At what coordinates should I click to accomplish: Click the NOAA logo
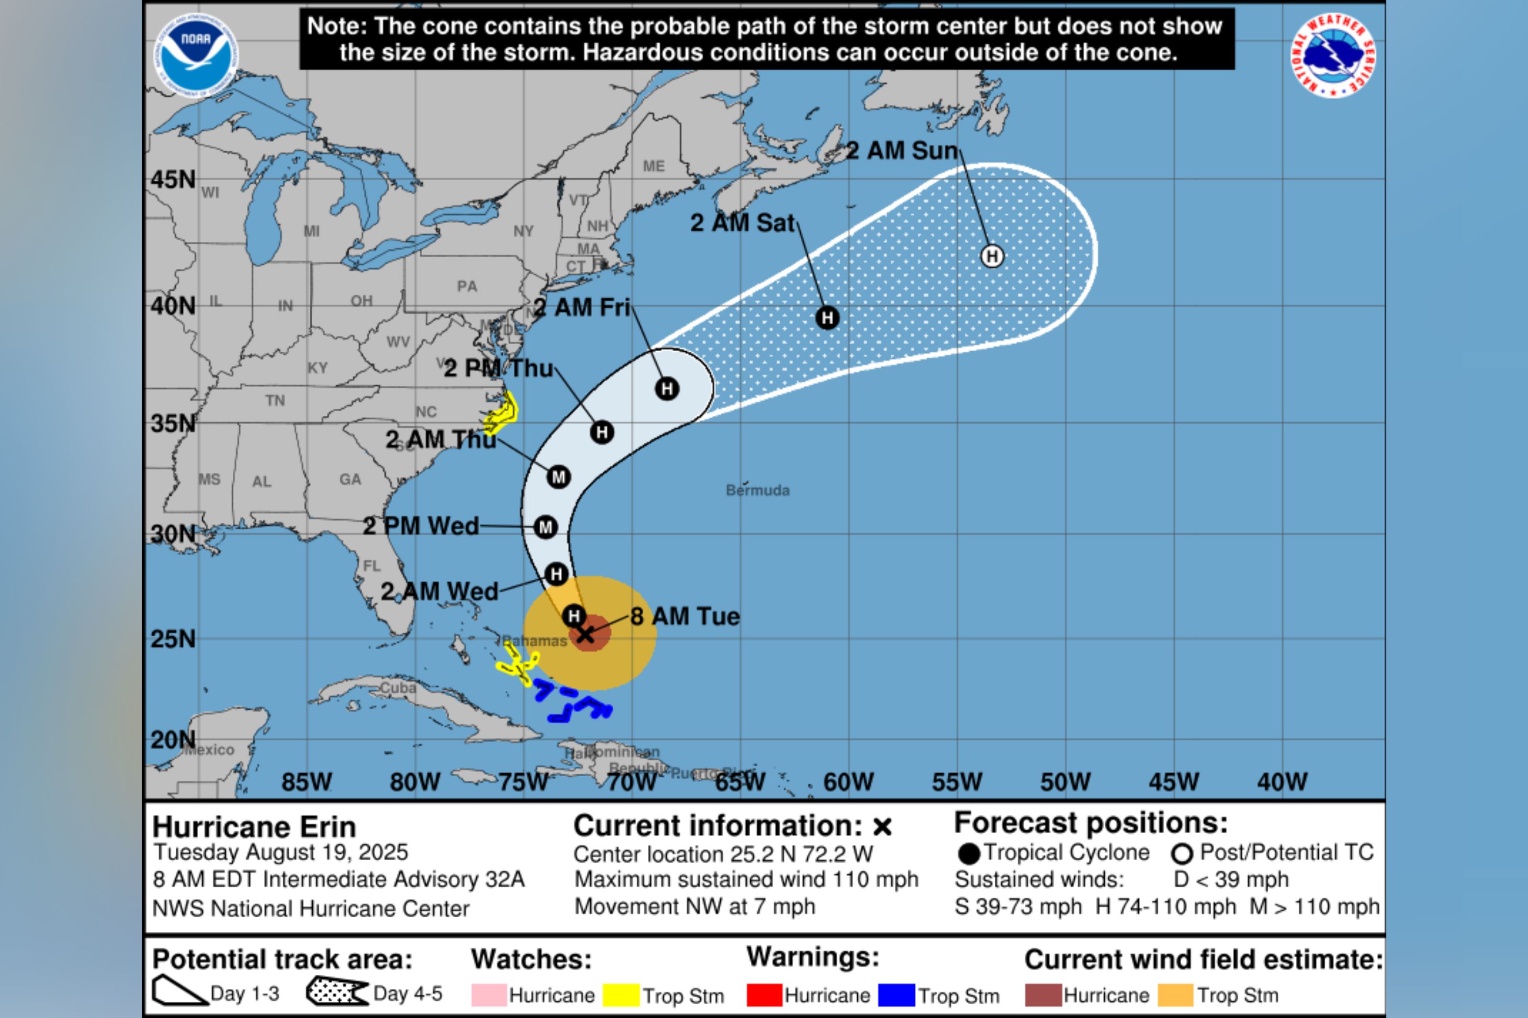pos(196,55)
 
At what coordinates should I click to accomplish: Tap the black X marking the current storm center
pos(585,634)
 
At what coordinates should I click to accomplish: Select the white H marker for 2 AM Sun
pos(991,256)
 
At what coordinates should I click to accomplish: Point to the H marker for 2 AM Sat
pos(827,318)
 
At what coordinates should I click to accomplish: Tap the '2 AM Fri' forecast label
pos(582,307)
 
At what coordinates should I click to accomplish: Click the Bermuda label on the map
pos(757,490)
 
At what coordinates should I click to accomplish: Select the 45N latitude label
pos(173,180)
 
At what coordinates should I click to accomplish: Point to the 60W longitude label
pos(849,782)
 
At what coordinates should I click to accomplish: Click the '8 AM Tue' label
pos(685,616)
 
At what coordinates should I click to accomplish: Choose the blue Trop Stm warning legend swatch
pos(896,995)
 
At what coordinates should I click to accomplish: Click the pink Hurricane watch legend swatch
pos(488,995)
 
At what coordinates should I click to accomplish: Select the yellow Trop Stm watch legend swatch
pos(620,995)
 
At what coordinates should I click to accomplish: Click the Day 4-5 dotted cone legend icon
pos(337,992)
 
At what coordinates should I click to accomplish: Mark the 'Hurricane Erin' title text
pos(254,827)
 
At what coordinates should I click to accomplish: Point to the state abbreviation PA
pos(467,286)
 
